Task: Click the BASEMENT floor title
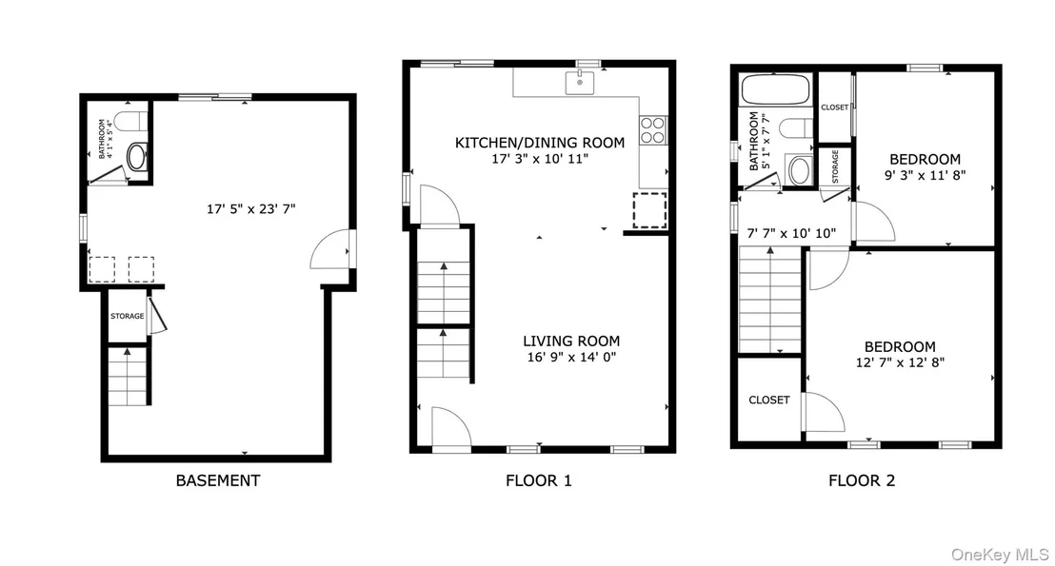tap(217, 480)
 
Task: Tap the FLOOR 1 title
tap(538, 480)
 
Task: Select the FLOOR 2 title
tap(862, 480)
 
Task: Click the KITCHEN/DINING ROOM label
tap(540, 143)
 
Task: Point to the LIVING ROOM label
tap(571, 341)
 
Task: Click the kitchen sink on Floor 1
tap(579, 82)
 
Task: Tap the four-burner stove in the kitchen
tap(652, 129)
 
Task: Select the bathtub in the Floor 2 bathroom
tap(776, 89)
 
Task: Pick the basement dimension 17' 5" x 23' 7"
tap(251, 209)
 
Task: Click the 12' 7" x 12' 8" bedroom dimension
tap(900, 362)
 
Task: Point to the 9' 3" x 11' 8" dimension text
tap(926, 175)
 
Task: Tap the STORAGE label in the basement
tap(128, 316)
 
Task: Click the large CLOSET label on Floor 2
tap(769, 400)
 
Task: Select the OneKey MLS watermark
tap(1000, 555)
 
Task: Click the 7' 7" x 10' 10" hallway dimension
tap(791, 233)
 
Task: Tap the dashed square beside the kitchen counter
tap(649, 210)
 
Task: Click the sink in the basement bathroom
tap(136, 157)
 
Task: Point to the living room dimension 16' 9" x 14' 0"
tap(571, 357)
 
